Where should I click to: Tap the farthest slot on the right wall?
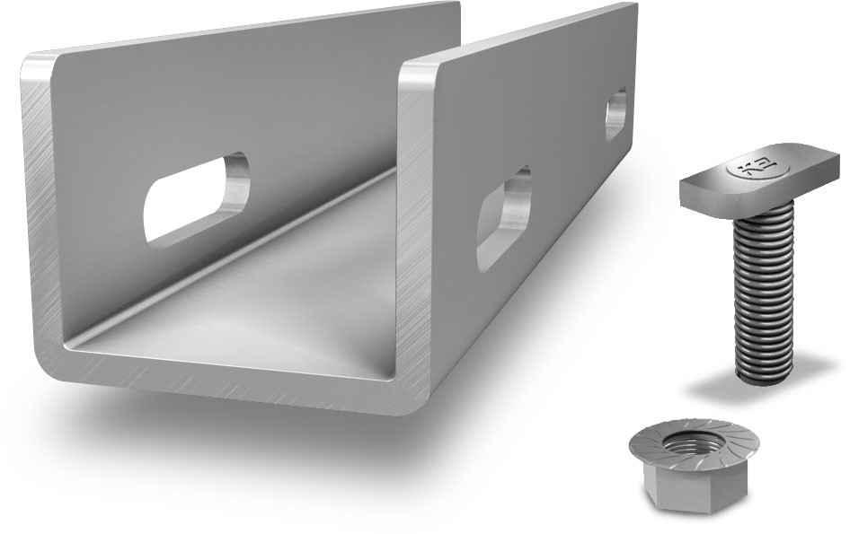616,113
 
